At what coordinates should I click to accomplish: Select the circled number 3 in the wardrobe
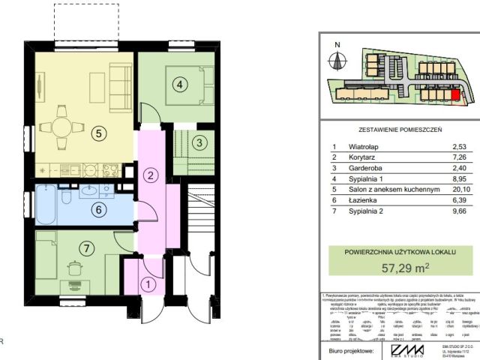tap(198, 141)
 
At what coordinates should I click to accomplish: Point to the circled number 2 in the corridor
tap(151, 175)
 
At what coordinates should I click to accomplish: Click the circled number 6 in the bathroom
tap(97, 210)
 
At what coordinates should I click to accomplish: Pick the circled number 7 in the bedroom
tap(87, 247)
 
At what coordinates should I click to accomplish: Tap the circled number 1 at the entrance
tap(148, 284)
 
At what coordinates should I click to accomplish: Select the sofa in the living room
tap(118, 84)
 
